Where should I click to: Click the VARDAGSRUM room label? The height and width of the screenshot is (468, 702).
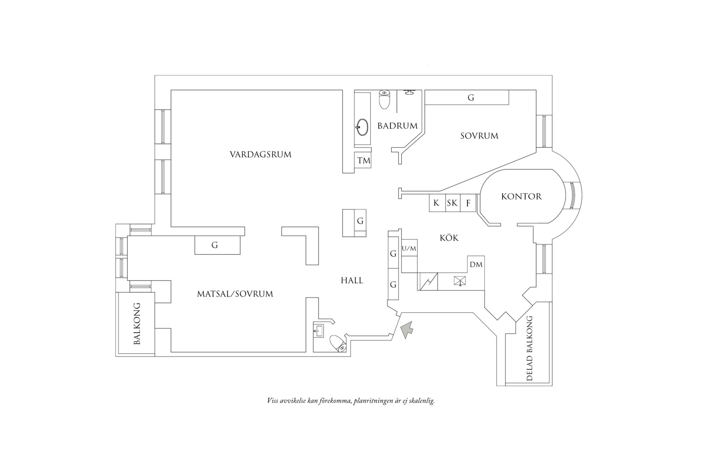(260, 155)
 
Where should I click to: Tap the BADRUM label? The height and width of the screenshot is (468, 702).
(397, 126)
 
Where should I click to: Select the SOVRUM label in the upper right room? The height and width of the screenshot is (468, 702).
(479, 136)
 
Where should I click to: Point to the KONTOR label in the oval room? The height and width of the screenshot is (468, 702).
(521, 196)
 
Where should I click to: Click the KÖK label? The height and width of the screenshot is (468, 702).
(449, 238)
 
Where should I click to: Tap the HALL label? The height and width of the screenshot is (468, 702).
(352, 281)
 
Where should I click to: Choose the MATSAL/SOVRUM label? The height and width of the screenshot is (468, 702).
(235, 294)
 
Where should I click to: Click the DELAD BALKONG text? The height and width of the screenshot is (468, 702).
(530, 348)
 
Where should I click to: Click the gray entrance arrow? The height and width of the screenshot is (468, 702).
(407, 329)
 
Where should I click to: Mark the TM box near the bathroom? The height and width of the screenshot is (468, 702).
(364, 160)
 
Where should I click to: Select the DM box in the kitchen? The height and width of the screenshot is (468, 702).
(476, 265)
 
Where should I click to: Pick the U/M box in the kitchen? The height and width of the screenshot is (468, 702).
(409, 248)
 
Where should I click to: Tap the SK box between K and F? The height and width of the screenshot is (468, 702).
(452, 203)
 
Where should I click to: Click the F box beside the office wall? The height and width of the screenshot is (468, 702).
(469, 203)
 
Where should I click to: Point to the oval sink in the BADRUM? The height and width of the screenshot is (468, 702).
(363, 127)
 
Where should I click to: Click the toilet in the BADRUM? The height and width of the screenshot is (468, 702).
(385, 99)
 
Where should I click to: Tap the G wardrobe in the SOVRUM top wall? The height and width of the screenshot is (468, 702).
(470, 98)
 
